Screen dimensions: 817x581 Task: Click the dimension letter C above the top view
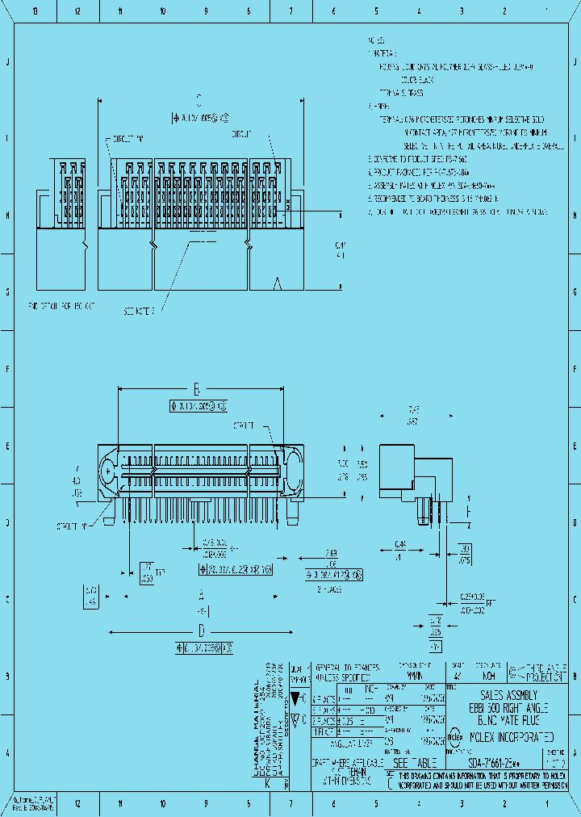pos(199,100)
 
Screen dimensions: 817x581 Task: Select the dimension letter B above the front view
pos(195,387)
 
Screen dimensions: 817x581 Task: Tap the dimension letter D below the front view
pos(202,631)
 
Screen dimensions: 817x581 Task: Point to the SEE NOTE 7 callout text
pos(144,310)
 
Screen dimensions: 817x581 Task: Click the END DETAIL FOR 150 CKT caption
pos(61,306)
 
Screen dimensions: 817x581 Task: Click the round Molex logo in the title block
pos(454,736)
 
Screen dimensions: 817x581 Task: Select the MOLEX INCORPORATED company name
pos(506,737)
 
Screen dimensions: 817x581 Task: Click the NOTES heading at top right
pos(375,40)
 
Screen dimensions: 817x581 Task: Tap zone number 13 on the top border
pos(34,11)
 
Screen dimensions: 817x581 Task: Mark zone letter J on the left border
pos(8,63)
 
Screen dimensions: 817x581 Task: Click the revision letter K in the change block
pos(267,782)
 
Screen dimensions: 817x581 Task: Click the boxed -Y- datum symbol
pos(435,647)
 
